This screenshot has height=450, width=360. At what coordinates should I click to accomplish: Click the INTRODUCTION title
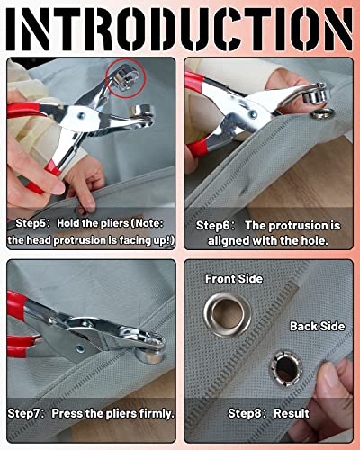tap(180, 29)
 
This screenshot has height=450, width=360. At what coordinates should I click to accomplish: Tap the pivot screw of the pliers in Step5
tap(81, 115)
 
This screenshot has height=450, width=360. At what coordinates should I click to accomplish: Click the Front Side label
tap(234, 279)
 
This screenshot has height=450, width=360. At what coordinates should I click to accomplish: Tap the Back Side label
tap(318, 327)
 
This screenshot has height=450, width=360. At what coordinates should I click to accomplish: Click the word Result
tap(292, 413)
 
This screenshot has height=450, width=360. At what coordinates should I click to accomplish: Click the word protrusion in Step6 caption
tap(300, 226)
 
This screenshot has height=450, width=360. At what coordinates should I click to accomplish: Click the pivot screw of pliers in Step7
tap(81, 349)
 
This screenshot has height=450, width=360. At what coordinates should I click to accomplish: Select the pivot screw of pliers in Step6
tap(254, 114)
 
